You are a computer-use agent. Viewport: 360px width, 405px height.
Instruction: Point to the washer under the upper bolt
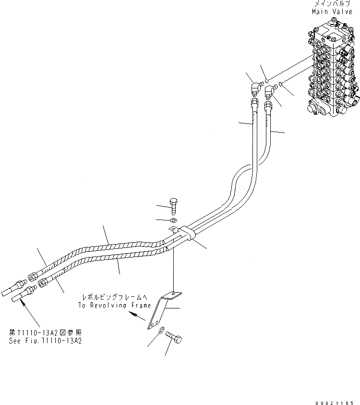[x=173, y=221]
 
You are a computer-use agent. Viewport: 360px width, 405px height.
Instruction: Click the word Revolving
[x=113, y=305]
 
